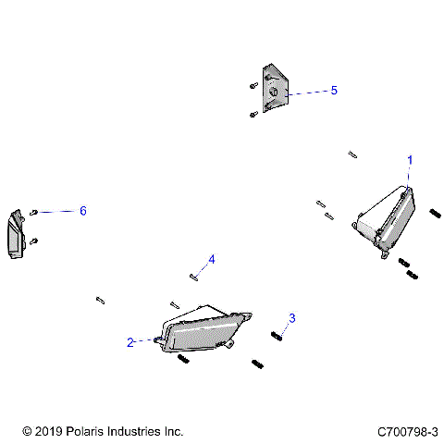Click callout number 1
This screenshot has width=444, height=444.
point(410,160)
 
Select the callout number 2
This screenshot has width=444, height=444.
point(131,342)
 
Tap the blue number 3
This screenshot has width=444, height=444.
point(291,319)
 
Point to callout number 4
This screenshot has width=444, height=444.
point(211,259)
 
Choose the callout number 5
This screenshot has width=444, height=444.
point(334,91)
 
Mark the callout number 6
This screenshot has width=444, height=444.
point(82,211)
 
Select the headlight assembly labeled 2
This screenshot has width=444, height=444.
point(203,331)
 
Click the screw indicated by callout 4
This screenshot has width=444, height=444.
point(194,274)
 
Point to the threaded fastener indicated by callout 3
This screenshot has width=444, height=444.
point(275,335)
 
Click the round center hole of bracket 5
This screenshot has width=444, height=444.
point(274,93)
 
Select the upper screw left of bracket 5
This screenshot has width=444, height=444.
point(253,85)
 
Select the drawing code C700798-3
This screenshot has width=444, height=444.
point(407,431)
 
